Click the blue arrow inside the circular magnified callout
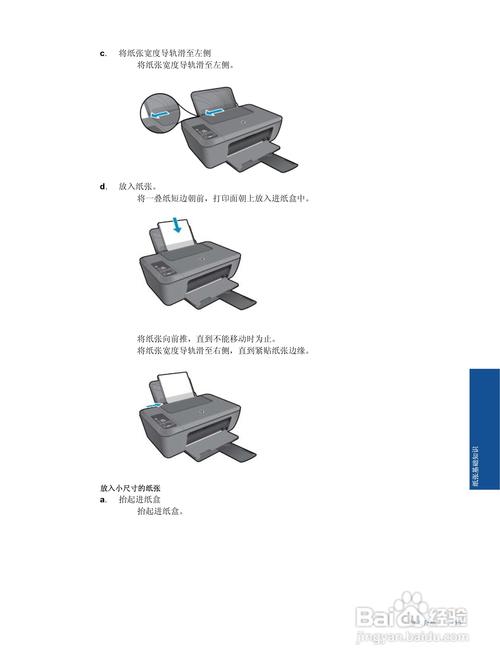(159, 114)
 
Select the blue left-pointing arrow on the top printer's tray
(214, 112)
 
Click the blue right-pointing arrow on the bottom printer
(154, 406)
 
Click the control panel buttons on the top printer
(205, 132)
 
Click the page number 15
(458, 623)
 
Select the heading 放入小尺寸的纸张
(130, 488)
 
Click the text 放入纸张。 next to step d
(137, 187)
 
